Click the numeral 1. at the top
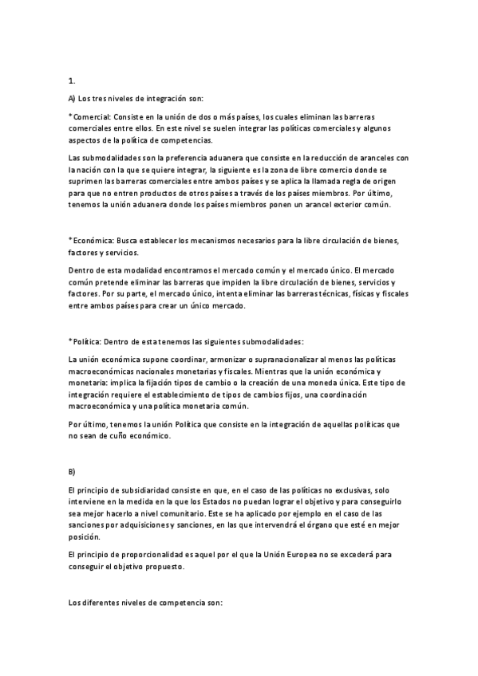click(72, 81)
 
